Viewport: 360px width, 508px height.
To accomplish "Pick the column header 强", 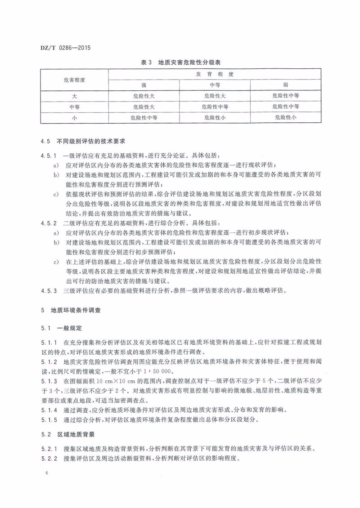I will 144,85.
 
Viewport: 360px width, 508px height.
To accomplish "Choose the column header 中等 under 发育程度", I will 215,85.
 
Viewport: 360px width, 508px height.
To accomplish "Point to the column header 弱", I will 285,85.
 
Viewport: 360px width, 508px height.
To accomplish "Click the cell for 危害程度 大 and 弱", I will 285,96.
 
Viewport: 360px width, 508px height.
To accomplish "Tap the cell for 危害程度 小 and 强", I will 144,117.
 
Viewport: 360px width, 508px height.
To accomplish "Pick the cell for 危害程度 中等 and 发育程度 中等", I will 215,107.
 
